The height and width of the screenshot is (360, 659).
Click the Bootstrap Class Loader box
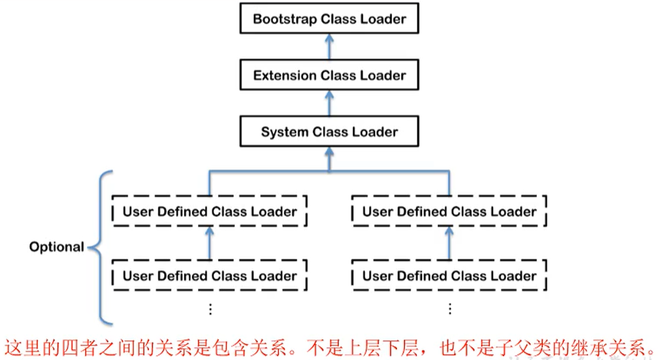point(329,19)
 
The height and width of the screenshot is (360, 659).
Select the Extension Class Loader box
point(329,75)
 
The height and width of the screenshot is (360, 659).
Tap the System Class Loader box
point(329,132)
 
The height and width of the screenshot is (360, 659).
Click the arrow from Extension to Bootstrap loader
point(329,47)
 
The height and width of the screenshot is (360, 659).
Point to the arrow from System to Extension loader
point(329,103)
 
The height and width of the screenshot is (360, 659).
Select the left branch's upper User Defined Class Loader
point(209,212)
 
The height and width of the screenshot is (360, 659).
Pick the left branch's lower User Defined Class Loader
point(209,276)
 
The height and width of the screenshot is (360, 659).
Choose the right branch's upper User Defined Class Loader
point(449,212)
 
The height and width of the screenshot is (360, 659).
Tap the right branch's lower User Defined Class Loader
point(449,276)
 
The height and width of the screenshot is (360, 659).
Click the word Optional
point(56,247)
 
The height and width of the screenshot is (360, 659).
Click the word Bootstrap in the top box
point(283,19)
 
